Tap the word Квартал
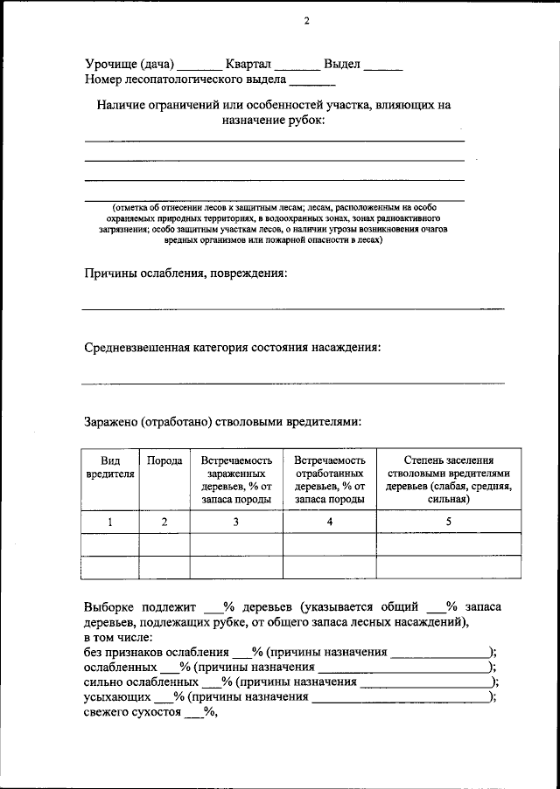tap(248, 64)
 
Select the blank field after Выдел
tap(383, 66)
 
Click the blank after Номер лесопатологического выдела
tap(311, 83)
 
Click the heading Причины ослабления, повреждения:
tap(185, 273)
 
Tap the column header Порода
tap(164, 460)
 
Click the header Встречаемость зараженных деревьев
tap(236, 480)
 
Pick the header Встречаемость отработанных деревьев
tap(329, 480)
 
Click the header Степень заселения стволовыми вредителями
tap(449, 480)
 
